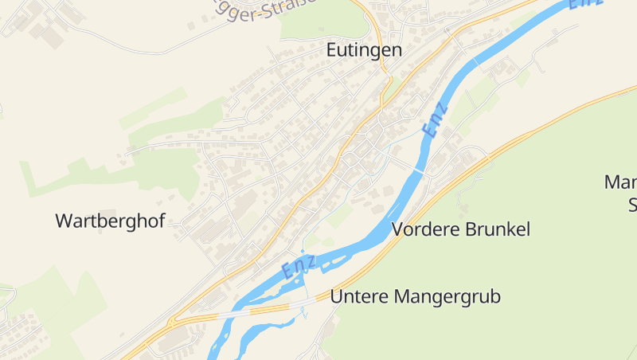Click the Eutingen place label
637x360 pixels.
point(364,49)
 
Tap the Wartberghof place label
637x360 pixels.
point(110,221)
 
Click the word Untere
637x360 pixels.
point(358,297)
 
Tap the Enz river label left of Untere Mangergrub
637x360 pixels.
point(299,267)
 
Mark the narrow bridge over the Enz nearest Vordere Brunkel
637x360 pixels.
point(417,170)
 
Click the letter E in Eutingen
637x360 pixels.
point(332,49)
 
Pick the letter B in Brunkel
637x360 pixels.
point(468,229)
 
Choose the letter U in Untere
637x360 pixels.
point(336,297)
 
